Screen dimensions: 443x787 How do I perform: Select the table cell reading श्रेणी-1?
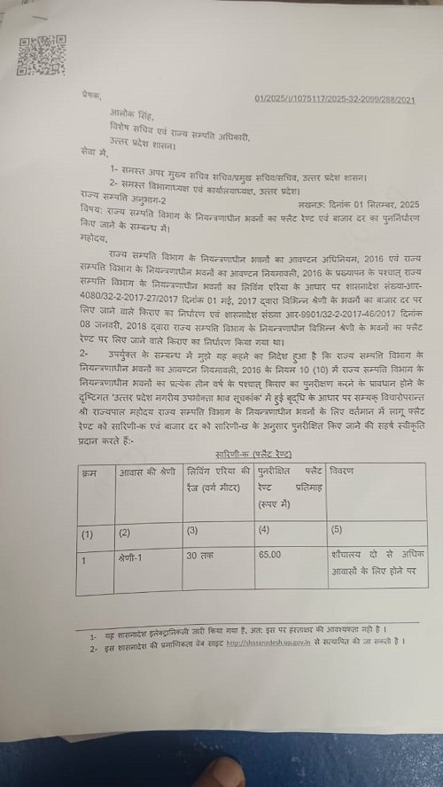136,559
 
